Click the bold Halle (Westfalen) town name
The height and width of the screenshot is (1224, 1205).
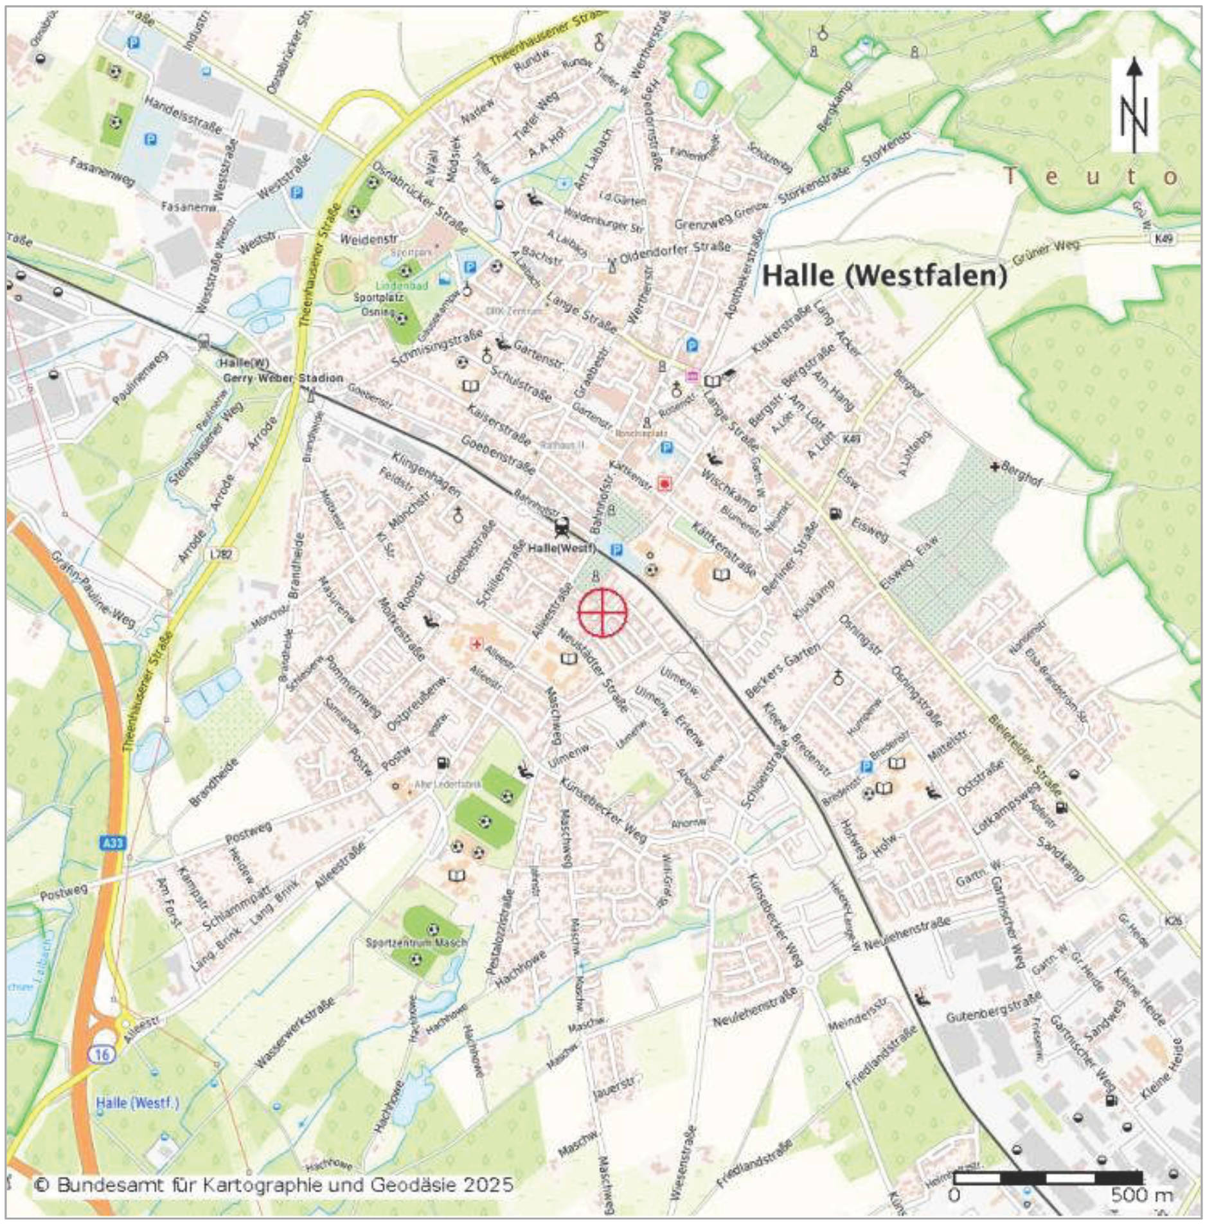[x=884, y=276]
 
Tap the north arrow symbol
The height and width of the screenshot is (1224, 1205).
[x=1134, y=106]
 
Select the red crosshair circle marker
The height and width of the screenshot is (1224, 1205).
[x=602, y=611]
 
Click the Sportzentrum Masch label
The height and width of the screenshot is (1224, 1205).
[x=416, y=943]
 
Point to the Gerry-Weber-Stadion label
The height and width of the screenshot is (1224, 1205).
[x=283, y=378]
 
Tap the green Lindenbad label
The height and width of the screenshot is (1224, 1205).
[x=402, y=285]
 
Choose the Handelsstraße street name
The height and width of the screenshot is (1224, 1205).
[x=183, y=114]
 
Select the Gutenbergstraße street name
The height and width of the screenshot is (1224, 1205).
[x=993, y=1010]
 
